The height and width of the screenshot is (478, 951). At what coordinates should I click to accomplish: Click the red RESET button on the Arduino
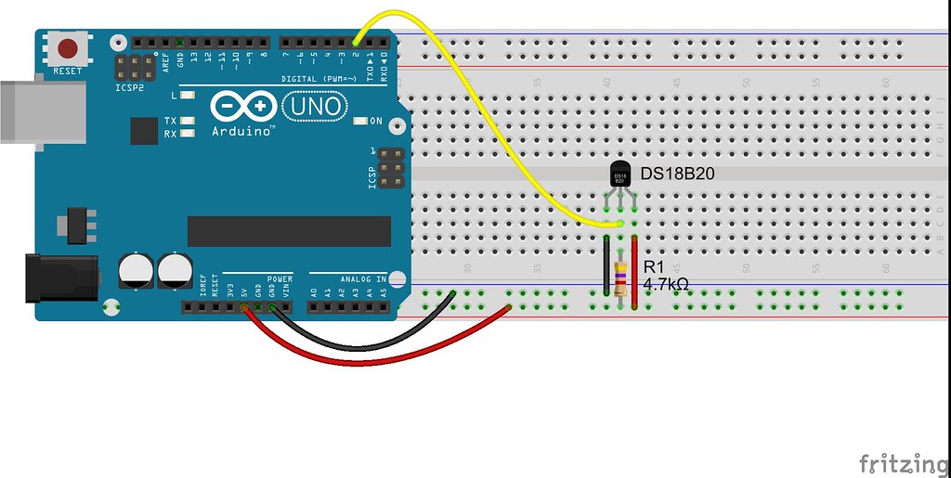click(68, 48)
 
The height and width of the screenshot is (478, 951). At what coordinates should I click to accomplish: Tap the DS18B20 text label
click(678, 174)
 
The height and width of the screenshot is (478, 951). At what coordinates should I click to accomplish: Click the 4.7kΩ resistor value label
click(666, 285)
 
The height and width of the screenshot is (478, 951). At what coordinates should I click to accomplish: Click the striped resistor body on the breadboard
click(620, 275)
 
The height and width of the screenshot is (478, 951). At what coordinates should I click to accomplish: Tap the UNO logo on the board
click(316, 109)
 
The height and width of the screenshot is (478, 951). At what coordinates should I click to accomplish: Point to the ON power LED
click(361, 122)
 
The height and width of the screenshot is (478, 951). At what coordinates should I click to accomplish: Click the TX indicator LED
click(189, 121)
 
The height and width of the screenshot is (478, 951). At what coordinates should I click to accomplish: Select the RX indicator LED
click(189, 134)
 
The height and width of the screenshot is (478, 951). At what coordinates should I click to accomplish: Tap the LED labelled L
click(189, 96)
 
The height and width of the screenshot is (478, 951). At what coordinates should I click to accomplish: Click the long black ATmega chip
click(289, 231)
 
